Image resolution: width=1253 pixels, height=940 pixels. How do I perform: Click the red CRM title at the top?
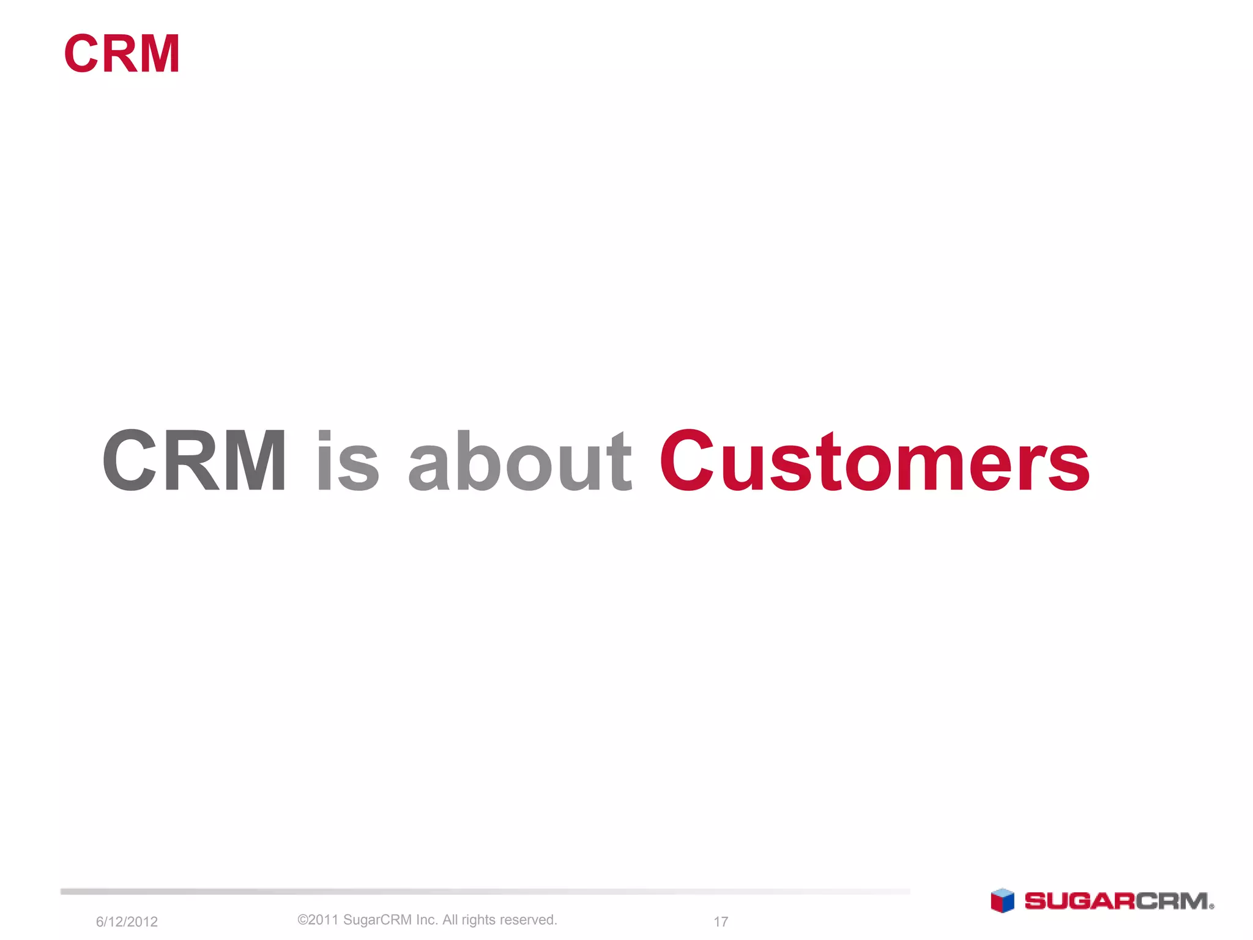[122, 54]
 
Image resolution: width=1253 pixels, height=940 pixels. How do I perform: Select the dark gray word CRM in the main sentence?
[194, 460]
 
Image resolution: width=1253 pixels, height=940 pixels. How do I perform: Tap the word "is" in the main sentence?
[348, 460]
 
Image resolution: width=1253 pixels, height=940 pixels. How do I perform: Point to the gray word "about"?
[519, 460]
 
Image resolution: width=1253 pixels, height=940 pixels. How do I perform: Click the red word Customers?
[874, 460]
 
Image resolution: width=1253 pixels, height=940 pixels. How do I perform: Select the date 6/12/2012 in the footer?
[127, 922]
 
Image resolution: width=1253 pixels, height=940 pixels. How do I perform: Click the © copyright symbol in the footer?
[302, 920]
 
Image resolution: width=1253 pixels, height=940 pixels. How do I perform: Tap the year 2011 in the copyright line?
[323, 920]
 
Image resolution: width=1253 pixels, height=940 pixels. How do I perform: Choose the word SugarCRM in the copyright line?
[377, 920]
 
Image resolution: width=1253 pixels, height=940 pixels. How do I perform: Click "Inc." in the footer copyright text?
[426, 920]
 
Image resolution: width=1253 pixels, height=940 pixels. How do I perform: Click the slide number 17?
[721, 922]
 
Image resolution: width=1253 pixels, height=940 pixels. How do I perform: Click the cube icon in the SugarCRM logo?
[1002, 901]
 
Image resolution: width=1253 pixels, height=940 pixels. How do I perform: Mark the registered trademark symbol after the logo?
[1212, 907]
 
